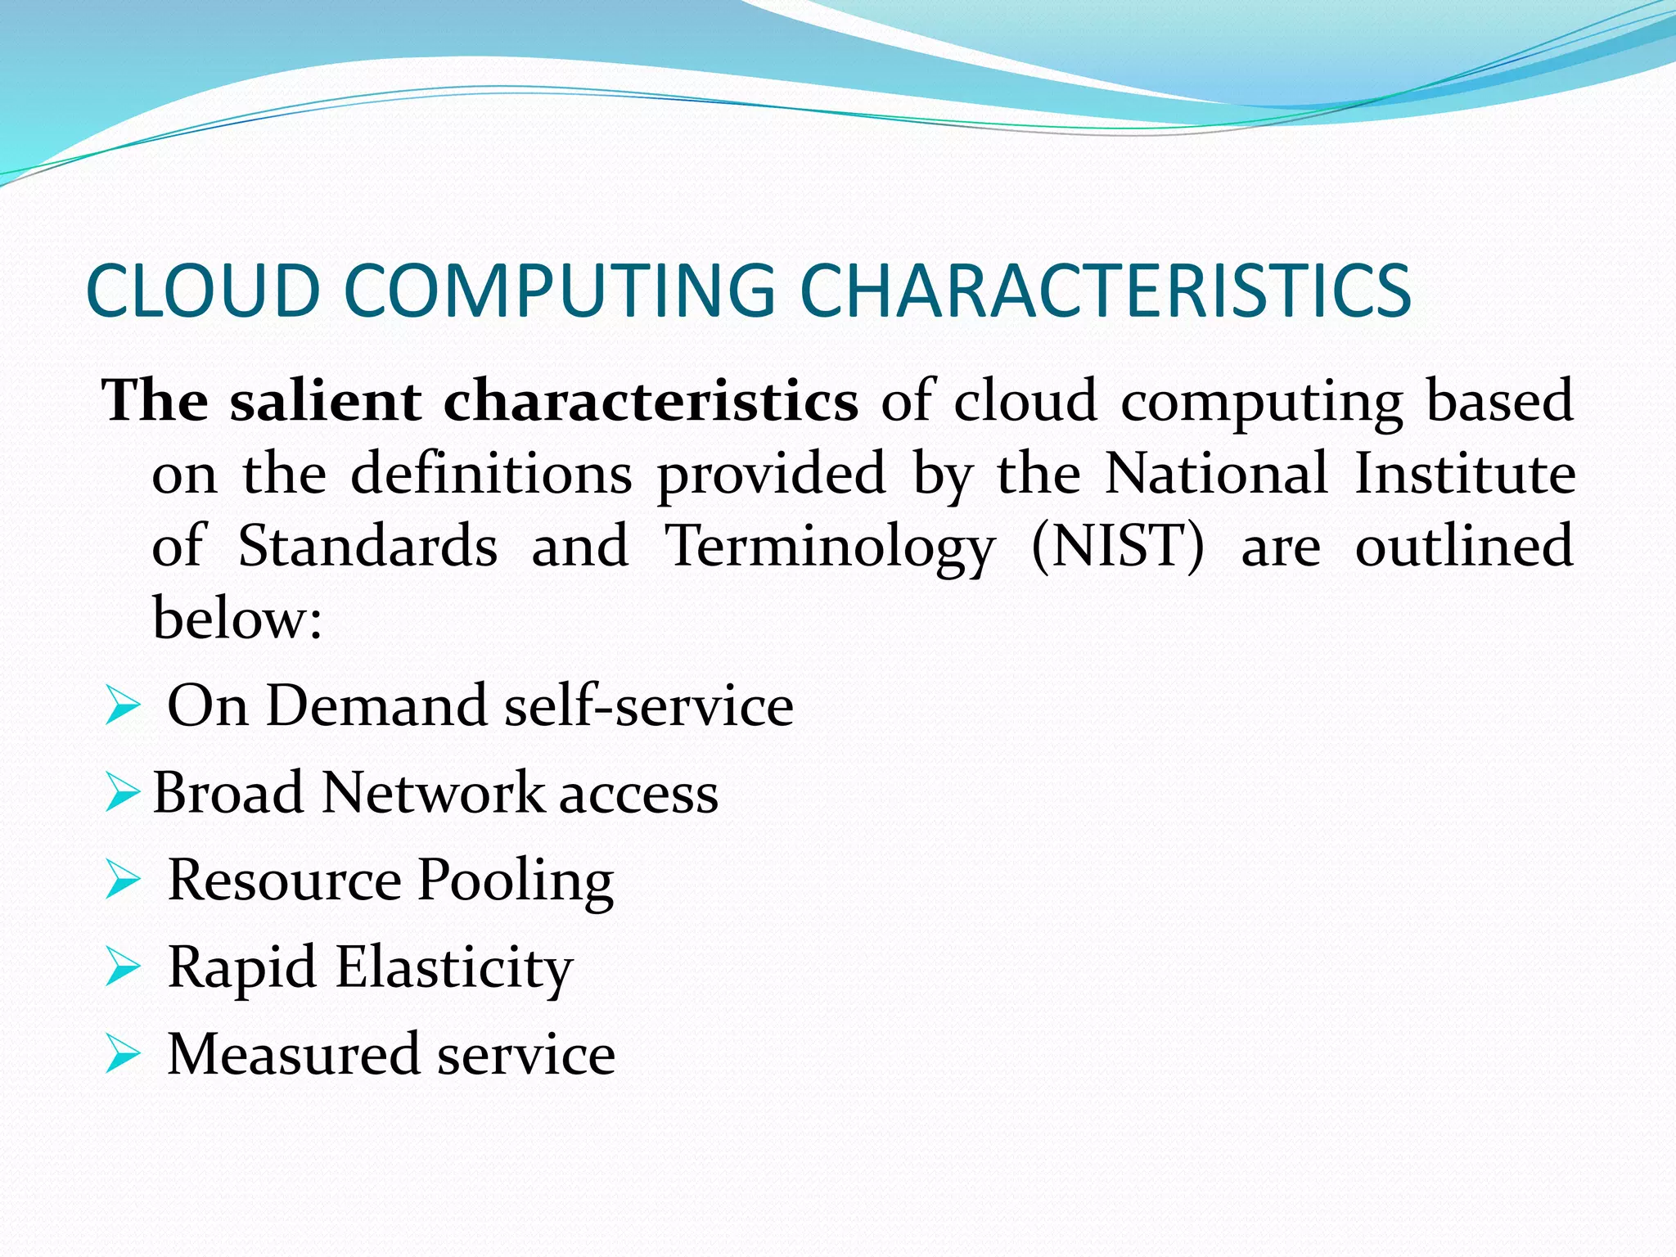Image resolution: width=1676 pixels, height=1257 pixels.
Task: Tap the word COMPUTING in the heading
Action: pos(559,291)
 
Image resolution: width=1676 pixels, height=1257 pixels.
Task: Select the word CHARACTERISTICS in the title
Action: pos(1105,291)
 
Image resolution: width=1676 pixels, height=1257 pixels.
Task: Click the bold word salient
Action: pos(325,401)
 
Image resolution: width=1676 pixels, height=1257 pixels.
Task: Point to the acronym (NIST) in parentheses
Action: pos(1118,547)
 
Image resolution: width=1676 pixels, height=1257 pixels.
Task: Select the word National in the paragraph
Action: pos(1216,474)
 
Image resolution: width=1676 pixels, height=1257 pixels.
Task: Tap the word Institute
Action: pos(1465,474)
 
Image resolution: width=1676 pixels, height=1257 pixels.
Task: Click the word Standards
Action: pos(367,547)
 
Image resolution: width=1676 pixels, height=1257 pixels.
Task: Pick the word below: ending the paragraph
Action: pos(237,619)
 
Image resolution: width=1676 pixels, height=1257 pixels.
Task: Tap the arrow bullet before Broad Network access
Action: pos(123,794)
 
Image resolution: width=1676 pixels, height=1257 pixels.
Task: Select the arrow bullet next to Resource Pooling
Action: pos(123,881)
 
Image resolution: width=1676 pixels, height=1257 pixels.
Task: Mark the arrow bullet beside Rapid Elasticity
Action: pos(123,968)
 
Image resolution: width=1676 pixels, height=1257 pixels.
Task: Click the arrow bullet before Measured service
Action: pos(123,1056)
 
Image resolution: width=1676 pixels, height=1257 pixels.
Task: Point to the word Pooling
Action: pos(516,882)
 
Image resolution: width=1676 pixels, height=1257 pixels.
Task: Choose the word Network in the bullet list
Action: pos(434,793)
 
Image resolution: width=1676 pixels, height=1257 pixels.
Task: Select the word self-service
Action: pos(649,706)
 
